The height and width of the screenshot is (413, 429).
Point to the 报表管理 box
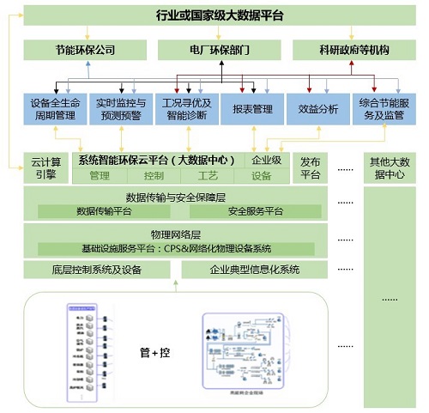click(251, 109)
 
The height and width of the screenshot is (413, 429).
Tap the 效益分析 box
click(317, 109)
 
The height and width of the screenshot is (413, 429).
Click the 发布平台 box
click(310, 167)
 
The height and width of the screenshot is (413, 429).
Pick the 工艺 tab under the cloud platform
click(208, 175)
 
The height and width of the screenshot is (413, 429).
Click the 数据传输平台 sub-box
click(105, 210)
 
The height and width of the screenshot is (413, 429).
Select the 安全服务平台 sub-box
click(256, 210)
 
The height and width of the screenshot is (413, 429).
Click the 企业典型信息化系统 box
click(255, 270)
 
